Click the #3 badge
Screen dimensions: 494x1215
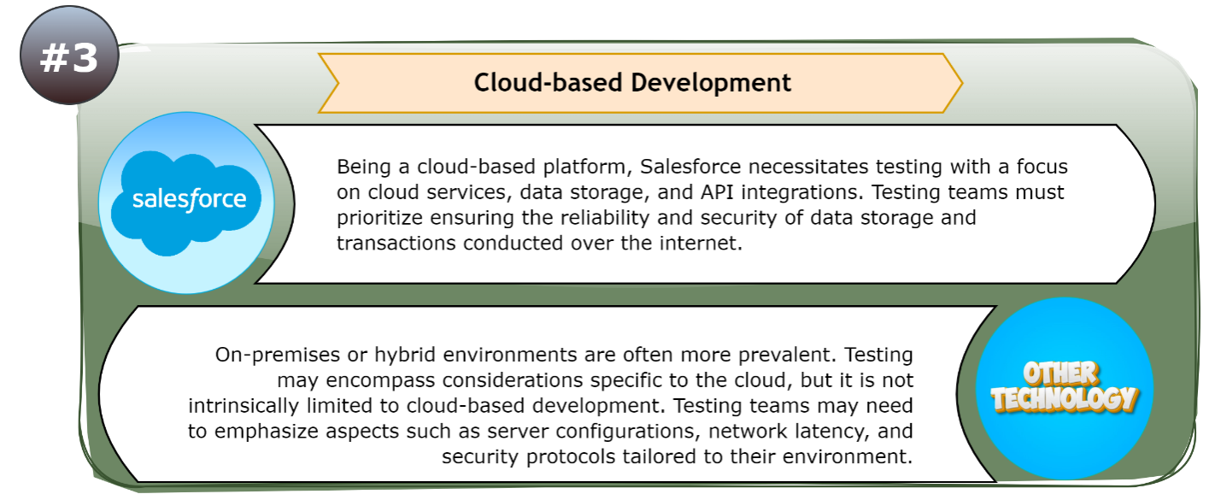68,57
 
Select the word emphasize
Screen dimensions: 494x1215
259,431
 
